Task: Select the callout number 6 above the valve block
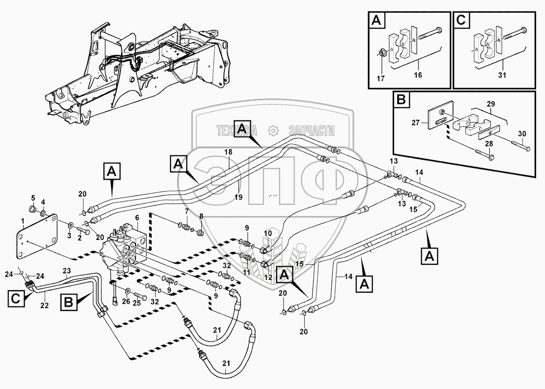137,218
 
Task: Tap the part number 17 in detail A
381,79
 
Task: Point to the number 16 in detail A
418,75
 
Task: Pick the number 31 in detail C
502,75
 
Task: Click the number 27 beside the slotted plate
415,123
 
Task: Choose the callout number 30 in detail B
522,134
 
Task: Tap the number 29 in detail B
490,104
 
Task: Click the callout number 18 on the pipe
228,152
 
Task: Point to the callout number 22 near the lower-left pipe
45,305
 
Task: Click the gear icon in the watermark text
274,131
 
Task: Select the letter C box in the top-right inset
461,20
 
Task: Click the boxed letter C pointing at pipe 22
16,299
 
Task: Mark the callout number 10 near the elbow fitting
267,233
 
